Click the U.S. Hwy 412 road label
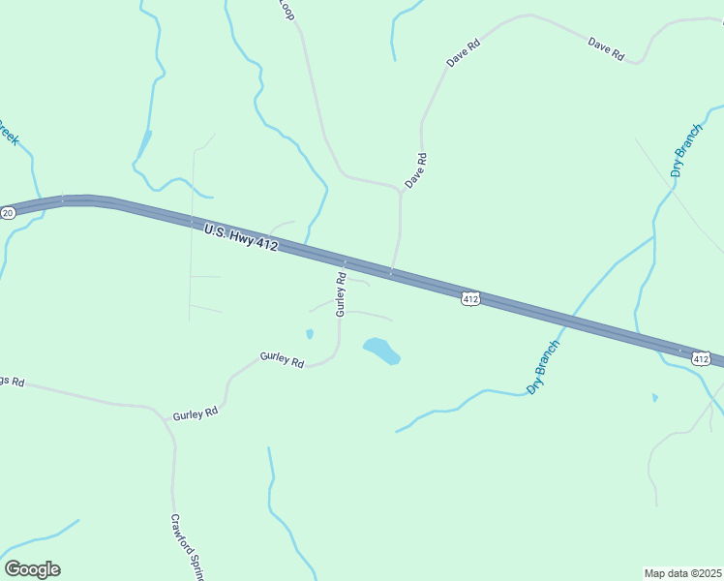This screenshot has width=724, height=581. click(241, 238)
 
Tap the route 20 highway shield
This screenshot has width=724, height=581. click(8, 212)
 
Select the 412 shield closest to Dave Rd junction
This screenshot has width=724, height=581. click(470, 299)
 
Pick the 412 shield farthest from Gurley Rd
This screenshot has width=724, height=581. click(702, 358)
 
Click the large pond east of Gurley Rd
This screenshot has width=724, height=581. click(381, 351)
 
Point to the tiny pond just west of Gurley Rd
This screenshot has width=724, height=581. click(309, 334)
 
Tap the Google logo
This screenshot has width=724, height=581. click(32, 569)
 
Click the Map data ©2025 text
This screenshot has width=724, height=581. click(682, 572)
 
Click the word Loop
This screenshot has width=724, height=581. click(287, 9)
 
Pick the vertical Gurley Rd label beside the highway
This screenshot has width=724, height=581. click(341, 294)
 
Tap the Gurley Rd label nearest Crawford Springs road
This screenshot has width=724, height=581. click(196, 414)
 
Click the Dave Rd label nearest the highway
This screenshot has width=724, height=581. click(415, 170)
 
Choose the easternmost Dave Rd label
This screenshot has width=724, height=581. click(606, 48)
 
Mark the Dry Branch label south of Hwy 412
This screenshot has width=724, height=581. click(544, 366)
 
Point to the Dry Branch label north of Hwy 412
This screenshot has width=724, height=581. click(686, 150)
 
